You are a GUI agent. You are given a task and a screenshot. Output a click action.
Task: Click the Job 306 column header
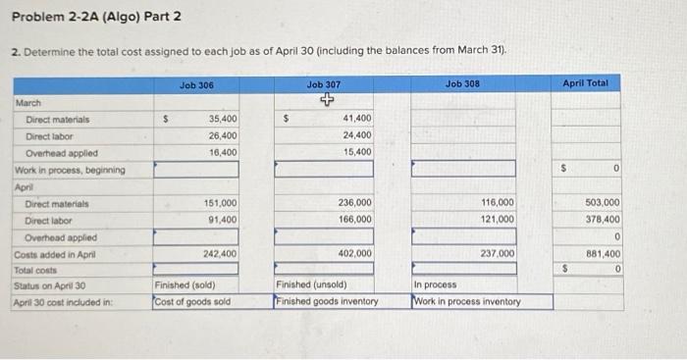pos(196,85)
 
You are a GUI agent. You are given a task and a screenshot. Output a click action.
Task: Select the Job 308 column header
pos(463,85)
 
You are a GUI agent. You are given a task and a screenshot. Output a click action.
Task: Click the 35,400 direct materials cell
pos(222,119)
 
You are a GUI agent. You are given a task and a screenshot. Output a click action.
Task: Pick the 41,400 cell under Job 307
pos(356,119)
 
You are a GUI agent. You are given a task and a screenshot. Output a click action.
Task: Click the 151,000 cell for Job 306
pos(219,202)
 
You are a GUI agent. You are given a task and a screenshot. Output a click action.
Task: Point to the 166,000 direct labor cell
pos(353,219)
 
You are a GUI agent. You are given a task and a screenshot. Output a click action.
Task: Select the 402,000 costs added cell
pos(353,253)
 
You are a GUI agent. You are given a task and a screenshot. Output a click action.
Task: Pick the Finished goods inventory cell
pos(327,301)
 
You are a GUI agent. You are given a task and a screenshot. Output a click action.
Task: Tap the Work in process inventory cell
pos(467,301)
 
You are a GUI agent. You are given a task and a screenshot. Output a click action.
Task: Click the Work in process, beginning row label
pos(69,170)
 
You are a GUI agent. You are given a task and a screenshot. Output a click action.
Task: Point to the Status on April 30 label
pos(51,285)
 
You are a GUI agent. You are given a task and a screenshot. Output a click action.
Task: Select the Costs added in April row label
pos(56,253)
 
